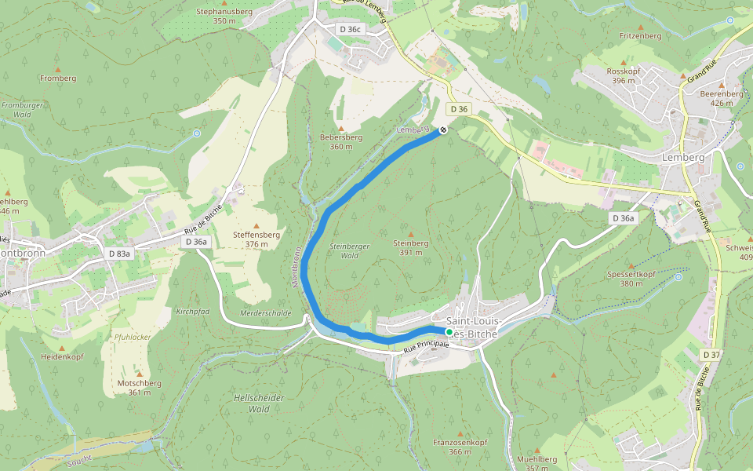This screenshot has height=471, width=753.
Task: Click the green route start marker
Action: (449, 332)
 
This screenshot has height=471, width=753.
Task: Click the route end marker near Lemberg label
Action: (443, 130)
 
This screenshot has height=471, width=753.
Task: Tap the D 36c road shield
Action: (350, 29)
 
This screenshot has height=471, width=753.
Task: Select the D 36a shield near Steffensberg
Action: (196, 242)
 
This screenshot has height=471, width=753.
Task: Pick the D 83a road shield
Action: (119, 254)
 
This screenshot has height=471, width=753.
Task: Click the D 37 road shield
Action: (711, 355)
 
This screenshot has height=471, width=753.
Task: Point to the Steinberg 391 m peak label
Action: (410, 248)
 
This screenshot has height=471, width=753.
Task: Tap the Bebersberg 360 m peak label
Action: (341, 141)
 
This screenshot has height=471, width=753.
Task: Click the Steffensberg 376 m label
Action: (256, 239)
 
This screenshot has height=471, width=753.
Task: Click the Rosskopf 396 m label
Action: (624, 76)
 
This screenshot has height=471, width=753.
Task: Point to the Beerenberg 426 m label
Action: (721, 98)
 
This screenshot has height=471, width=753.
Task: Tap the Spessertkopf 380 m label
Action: (631, 279)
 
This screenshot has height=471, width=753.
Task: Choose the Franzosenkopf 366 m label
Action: (460, 447)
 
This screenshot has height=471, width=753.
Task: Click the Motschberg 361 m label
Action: (139, 388)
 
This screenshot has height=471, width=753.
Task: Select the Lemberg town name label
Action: (683, 157)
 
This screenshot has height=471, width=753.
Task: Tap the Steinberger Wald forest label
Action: (344, 250)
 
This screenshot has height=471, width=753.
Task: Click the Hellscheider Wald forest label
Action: (258, 403)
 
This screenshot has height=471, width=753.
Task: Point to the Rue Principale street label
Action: (426, 344)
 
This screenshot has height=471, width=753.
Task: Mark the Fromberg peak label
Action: (58, 78)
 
